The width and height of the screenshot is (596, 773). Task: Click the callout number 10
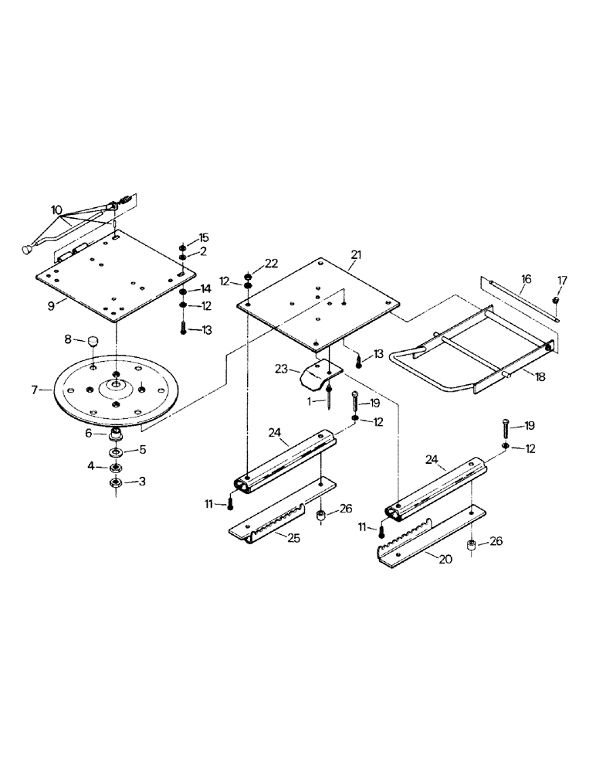[56, 210]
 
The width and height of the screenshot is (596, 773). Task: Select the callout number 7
[35, 390]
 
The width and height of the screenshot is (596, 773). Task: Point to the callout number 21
[355, 254]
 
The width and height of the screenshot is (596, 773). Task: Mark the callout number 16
[526, 278]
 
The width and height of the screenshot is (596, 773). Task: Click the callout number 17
[560, 281]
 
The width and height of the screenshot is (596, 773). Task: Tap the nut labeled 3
[115, 482]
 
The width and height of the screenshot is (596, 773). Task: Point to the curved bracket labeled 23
[317, 376]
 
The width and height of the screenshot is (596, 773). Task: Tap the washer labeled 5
[115, 451]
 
